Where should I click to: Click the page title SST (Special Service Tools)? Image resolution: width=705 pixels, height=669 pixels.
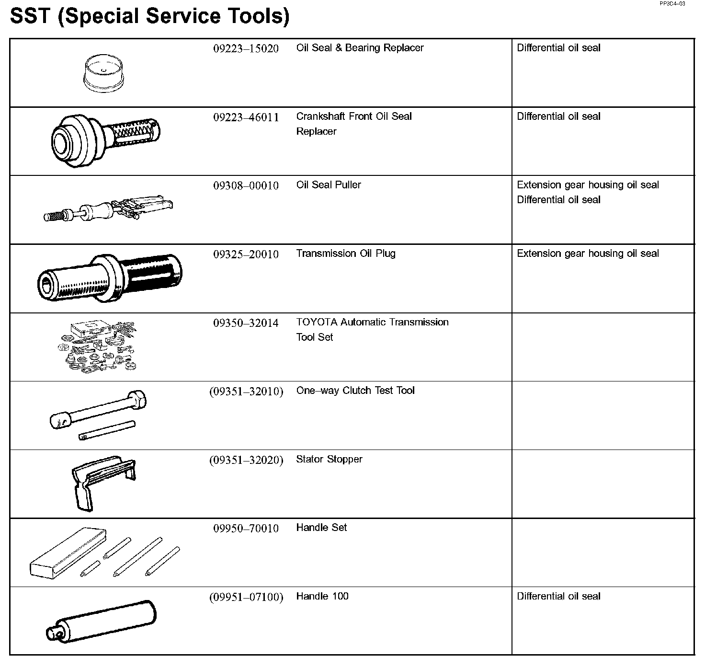(x=149, y=16)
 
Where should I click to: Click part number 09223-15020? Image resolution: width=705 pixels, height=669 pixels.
(x=246, y=48)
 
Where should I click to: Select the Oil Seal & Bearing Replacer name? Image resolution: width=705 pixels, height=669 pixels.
(x=360, y=48)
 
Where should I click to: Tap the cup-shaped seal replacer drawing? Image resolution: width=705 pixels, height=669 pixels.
(x=103, y=73)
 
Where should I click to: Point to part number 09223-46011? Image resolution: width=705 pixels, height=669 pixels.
(x=246, y=117)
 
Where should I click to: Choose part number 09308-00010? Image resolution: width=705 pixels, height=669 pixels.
(x=246, y=185)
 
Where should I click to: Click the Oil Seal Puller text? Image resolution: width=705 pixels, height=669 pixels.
(x=329, y=185)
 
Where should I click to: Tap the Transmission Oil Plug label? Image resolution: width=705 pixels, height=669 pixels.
(x=346, y=254)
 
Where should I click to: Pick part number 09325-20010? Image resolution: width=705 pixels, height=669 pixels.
(x=246, y=254)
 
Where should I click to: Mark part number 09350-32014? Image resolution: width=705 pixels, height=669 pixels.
(x=246, y=323)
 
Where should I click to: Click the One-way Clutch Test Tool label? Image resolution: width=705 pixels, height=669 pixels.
(x=355, y=391)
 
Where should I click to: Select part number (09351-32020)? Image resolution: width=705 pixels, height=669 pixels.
(x=246, y=460)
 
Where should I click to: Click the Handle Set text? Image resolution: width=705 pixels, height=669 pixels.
(x=321, y=528)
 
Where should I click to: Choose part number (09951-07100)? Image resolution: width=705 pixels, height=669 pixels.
(x=246, y=597)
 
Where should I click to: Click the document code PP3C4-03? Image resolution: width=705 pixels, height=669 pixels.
(x=672, y=3)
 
